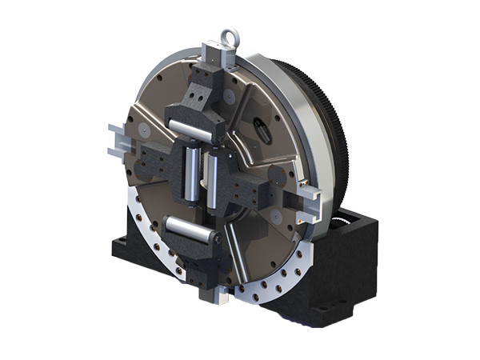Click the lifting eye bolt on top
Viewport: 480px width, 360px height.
pos(230,37)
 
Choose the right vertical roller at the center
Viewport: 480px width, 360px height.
pos(214,171)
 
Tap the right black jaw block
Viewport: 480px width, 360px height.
pos(256,187)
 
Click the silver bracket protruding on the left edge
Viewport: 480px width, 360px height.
pos(117,139)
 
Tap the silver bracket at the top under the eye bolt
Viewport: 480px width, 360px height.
pos(221,56)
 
